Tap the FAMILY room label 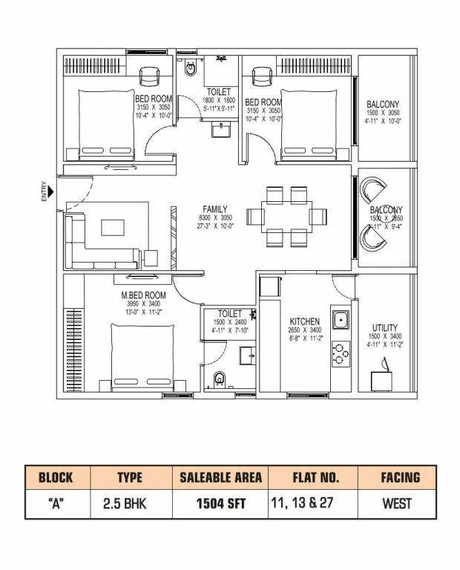point(214,209)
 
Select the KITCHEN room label point(304,322)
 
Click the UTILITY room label point(385,327)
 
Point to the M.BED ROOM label point(144,295)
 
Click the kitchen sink point(341,321)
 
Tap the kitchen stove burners point(341,353)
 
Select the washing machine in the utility point(383,375)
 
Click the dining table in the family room point(286,217)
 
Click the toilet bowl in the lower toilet point(217,382)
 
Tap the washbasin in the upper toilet point(221,131)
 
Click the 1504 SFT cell point(220,503)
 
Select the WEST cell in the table point(397,503)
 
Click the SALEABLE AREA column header point(220,477)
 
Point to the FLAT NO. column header point(312,477)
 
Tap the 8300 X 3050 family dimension point(214,218)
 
